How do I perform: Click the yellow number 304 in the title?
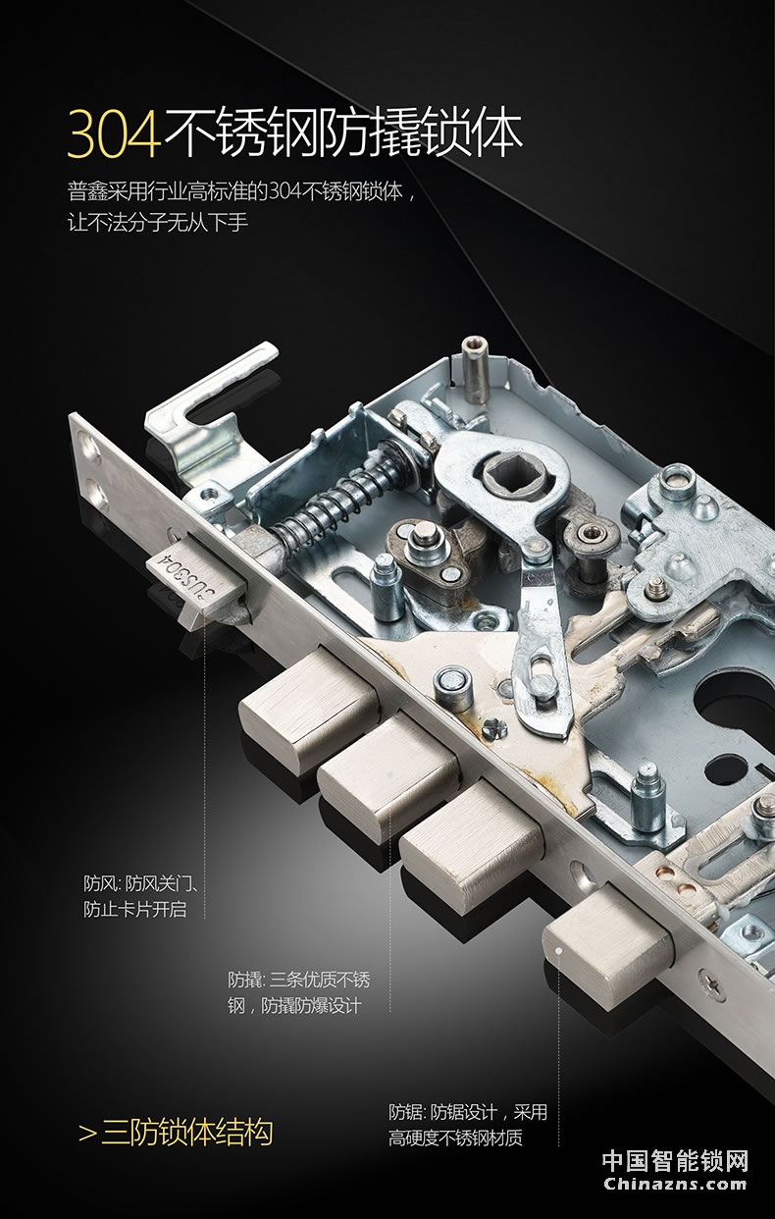(x=114, y=133)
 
